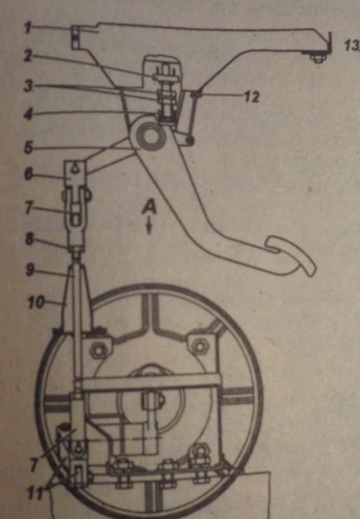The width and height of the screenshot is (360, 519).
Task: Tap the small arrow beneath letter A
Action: point(149,226)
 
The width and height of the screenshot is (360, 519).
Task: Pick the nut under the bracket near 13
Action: point(317,58)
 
